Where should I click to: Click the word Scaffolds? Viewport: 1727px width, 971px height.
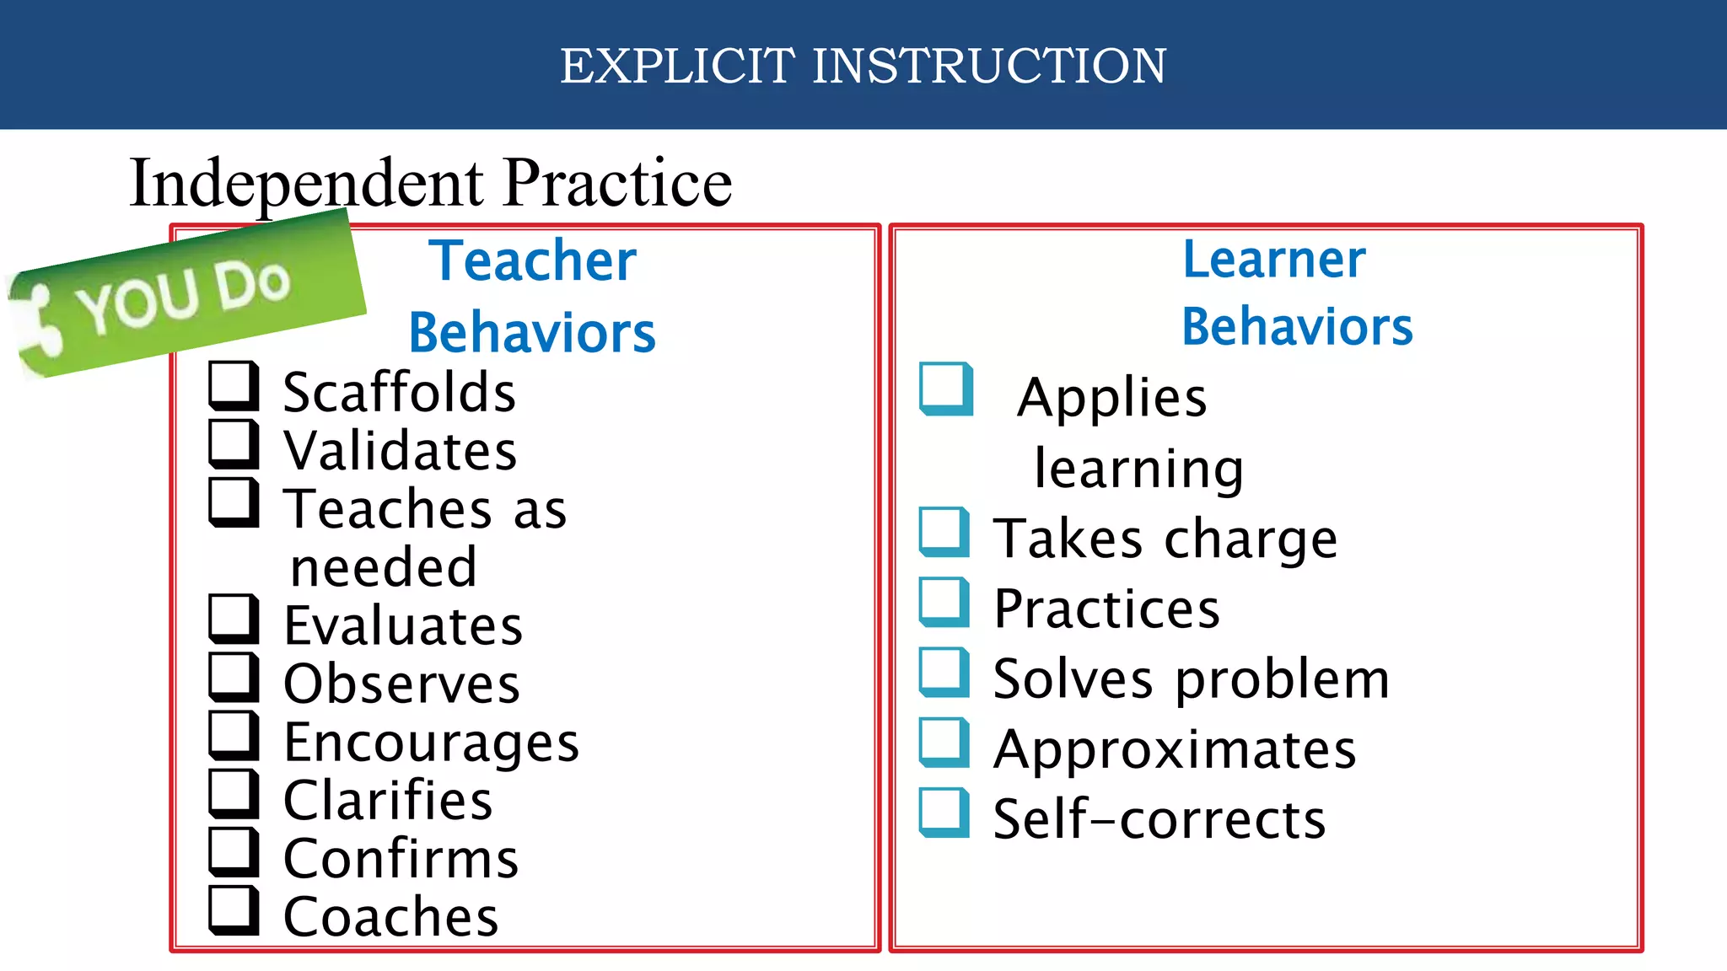click(399, 393)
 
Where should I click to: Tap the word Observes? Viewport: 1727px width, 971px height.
click(401, 684)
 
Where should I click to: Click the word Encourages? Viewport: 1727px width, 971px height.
click(431, 743)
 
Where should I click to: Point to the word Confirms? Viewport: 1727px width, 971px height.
click(401, 859)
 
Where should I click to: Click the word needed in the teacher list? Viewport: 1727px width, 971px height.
click(384, 567)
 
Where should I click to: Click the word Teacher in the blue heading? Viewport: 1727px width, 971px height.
click(532, 260)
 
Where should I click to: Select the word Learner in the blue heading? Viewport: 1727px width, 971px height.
click(1273, 259)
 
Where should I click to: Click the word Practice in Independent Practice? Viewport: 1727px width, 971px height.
click(617, 183)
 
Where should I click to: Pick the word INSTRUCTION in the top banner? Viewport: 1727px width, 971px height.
click(989, 66)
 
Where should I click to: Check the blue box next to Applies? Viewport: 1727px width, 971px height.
click(945, 389)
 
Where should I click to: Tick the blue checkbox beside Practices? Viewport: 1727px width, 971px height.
click(944, 602)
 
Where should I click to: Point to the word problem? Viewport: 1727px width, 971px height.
click(1282, 679)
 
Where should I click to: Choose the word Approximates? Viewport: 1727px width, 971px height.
click(1175, 749)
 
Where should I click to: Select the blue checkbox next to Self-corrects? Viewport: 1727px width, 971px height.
click(944, 813)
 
